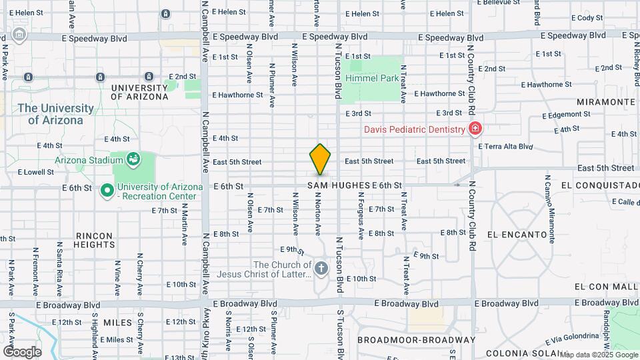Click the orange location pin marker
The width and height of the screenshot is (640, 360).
click(x=320, y=159)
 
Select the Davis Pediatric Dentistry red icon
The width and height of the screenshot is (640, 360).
click(x=475, y=129)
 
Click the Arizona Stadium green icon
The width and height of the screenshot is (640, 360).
click(x=133, y=159)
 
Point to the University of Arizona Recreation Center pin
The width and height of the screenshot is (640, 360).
click(x=106, y=191)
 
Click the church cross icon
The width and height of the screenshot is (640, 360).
click(x=321, y=269)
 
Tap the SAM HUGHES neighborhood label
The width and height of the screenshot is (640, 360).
click(x=339, y=185)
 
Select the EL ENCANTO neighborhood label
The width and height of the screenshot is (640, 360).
click(x=517, y=235)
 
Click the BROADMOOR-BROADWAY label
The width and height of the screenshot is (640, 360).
click(x=416, y=339)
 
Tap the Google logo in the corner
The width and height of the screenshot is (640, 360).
click(x=22, y=351)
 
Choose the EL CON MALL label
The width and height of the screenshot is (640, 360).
click(x=606, y=285)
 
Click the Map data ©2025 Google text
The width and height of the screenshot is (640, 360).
click(x=598, y=355)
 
